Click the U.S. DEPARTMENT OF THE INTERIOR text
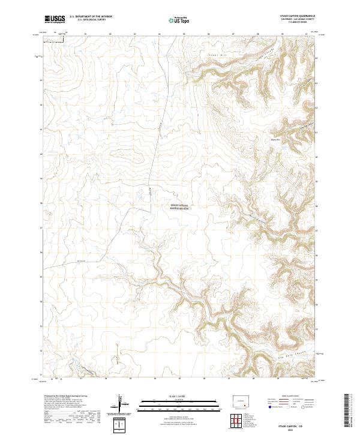tap(91, 17)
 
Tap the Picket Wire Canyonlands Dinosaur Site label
tap(179, 207)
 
